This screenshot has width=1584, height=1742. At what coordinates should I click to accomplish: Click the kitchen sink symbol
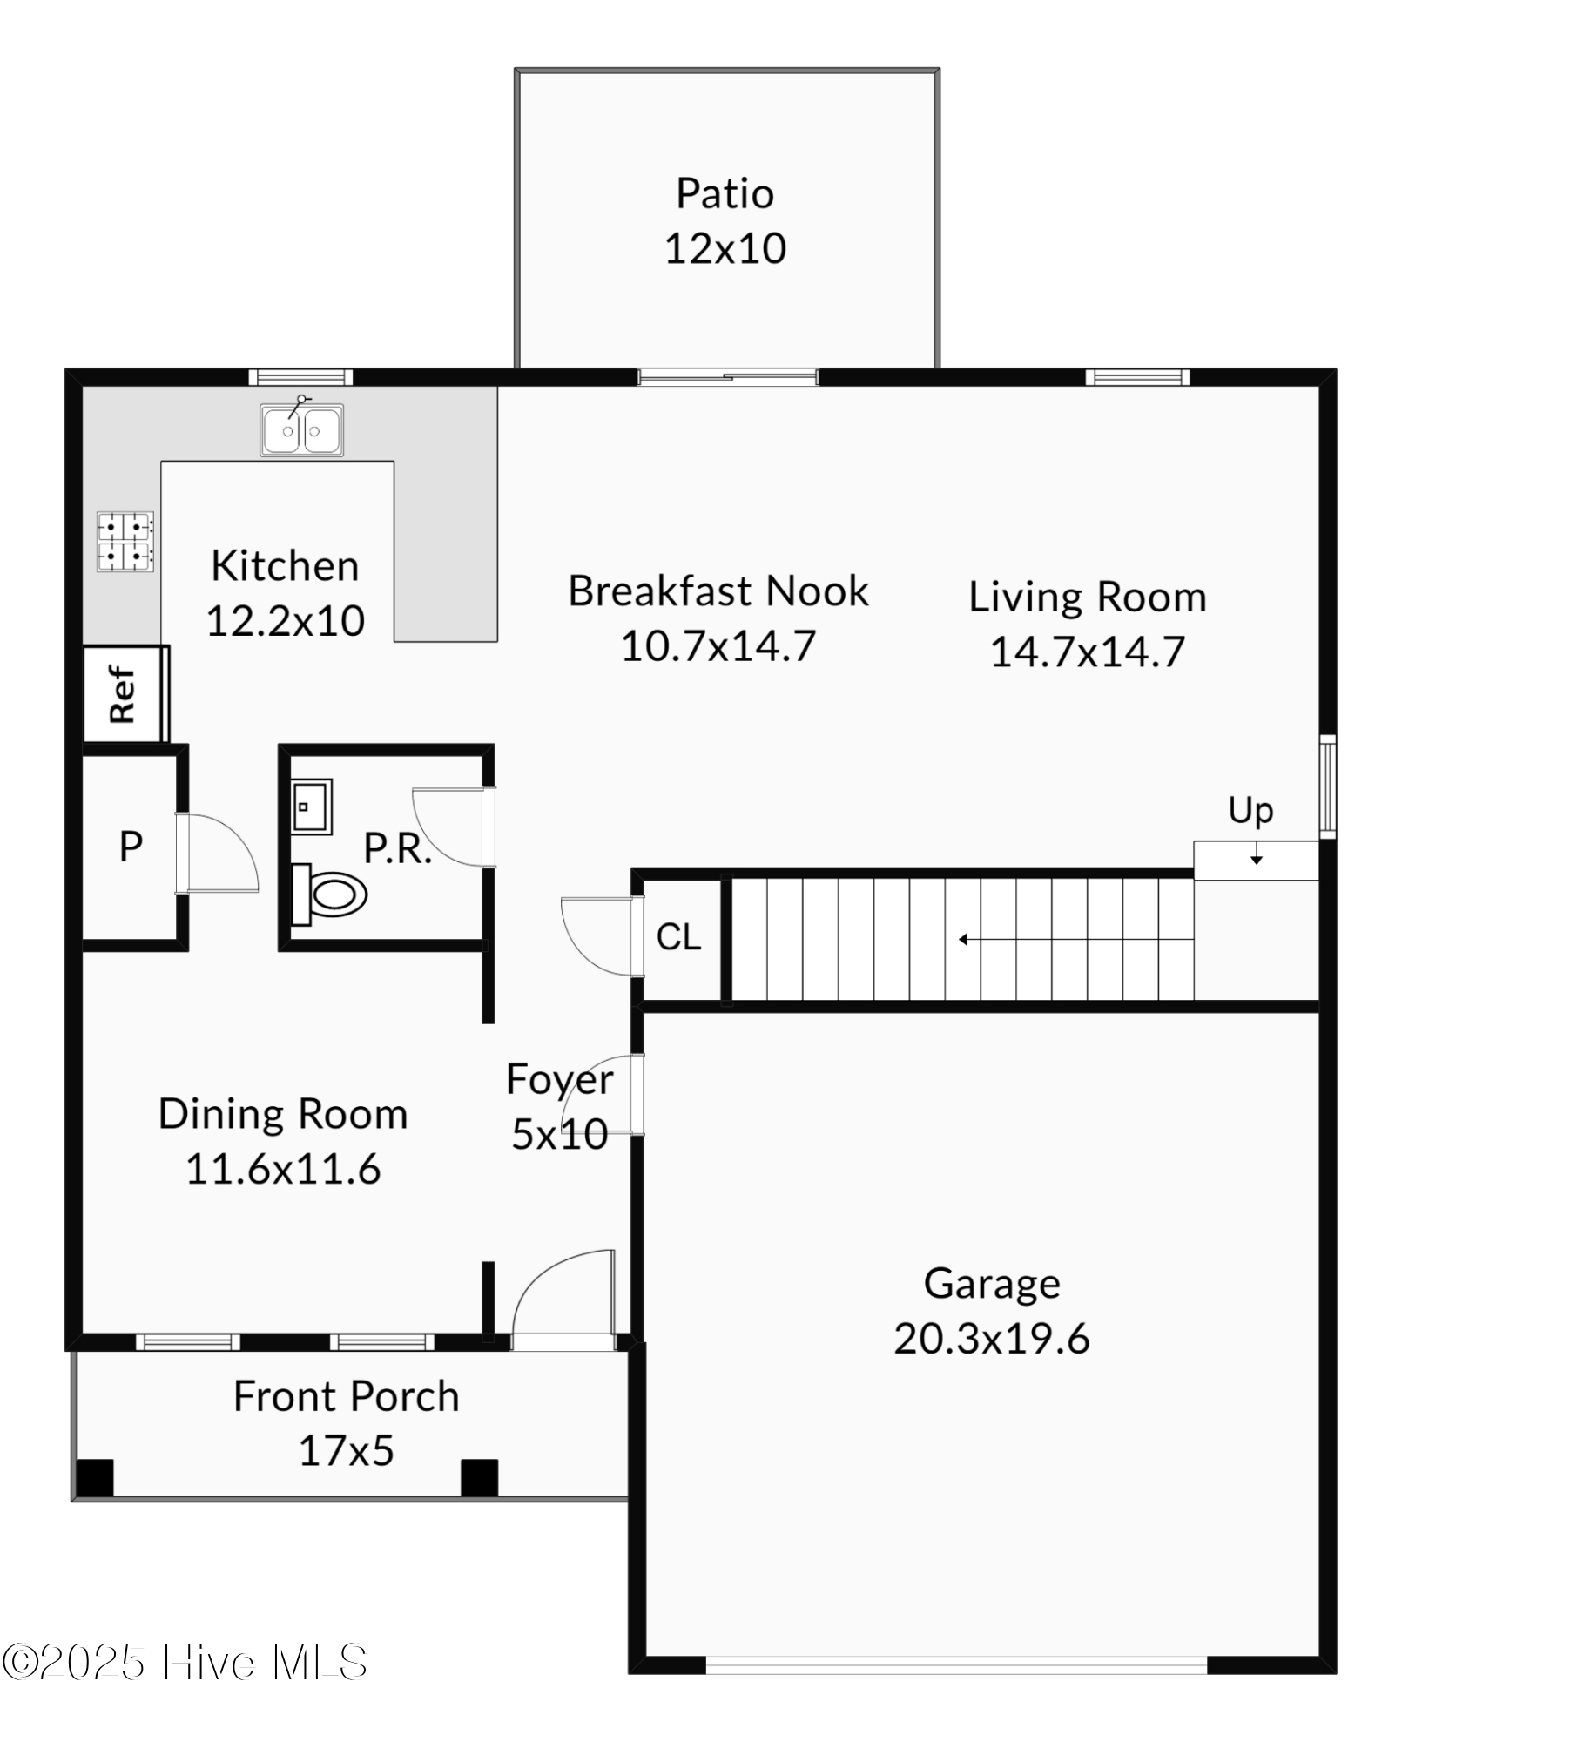click(x=301, y=429)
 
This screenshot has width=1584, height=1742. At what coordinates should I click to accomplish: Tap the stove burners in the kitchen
click(x=125, y=541)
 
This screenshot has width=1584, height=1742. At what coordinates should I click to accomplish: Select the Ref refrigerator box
click(x=123, y=694)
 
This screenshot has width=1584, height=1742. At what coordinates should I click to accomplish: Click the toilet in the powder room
click(x=330, y=894)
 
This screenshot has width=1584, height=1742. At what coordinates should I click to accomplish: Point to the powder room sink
click(x=310, y=807)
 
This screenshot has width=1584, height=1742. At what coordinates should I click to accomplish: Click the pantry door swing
click(x=218, y=854)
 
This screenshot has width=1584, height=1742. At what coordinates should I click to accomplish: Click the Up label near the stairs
click(x=1250, y=811)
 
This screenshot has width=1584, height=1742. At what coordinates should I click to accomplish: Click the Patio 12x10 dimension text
click(x=725, y=248)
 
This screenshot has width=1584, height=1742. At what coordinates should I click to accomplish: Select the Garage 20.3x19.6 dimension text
click(x=991, y=1339)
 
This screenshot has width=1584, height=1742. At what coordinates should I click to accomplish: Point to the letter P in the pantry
click(x=131, y=847)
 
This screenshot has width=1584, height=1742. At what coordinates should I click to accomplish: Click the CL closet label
click(x=678, y=937)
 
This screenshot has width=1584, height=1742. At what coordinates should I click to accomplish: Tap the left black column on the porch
click(x=95, y=1478)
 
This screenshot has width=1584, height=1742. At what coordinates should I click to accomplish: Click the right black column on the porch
click(x=479, y=1478)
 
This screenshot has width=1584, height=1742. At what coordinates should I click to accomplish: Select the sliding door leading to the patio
click(x=728, y=377)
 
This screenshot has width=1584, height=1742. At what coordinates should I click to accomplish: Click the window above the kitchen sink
click(x=300, y=377)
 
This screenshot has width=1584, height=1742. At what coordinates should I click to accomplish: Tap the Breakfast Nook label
click(x=718, y=591)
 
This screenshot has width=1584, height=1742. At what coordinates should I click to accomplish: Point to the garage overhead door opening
click(x=956, y=1665)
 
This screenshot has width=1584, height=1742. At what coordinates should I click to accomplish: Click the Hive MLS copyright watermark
click(x=185, y=1663)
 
